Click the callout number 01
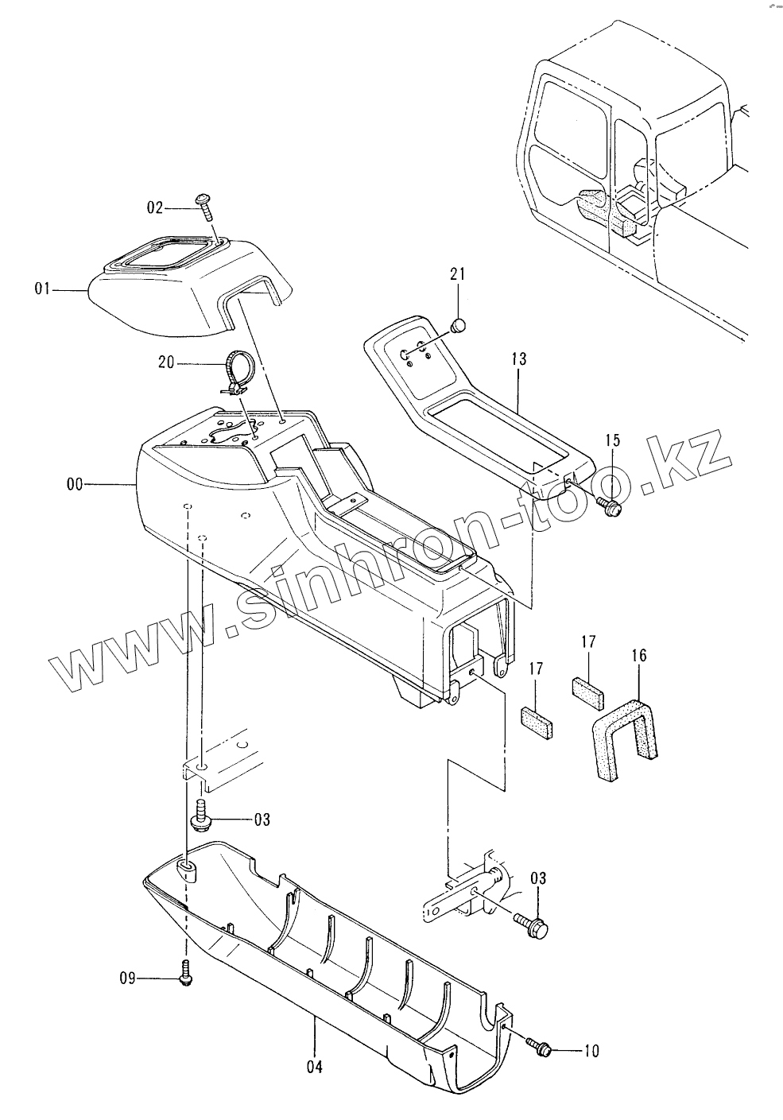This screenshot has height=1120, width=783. click(x=42, y=291)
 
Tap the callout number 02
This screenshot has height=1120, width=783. click(x=154, y=207)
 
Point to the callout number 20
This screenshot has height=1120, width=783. click(x=166, y=362)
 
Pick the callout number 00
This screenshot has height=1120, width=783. click(x=76, y=483)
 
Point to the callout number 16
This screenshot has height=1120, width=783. click(x=639, y=655)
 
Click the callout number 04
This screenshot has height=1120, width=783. click(x=315, y=1067)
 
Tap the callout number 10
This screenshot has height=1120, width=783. click(x=591, y=1052)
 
